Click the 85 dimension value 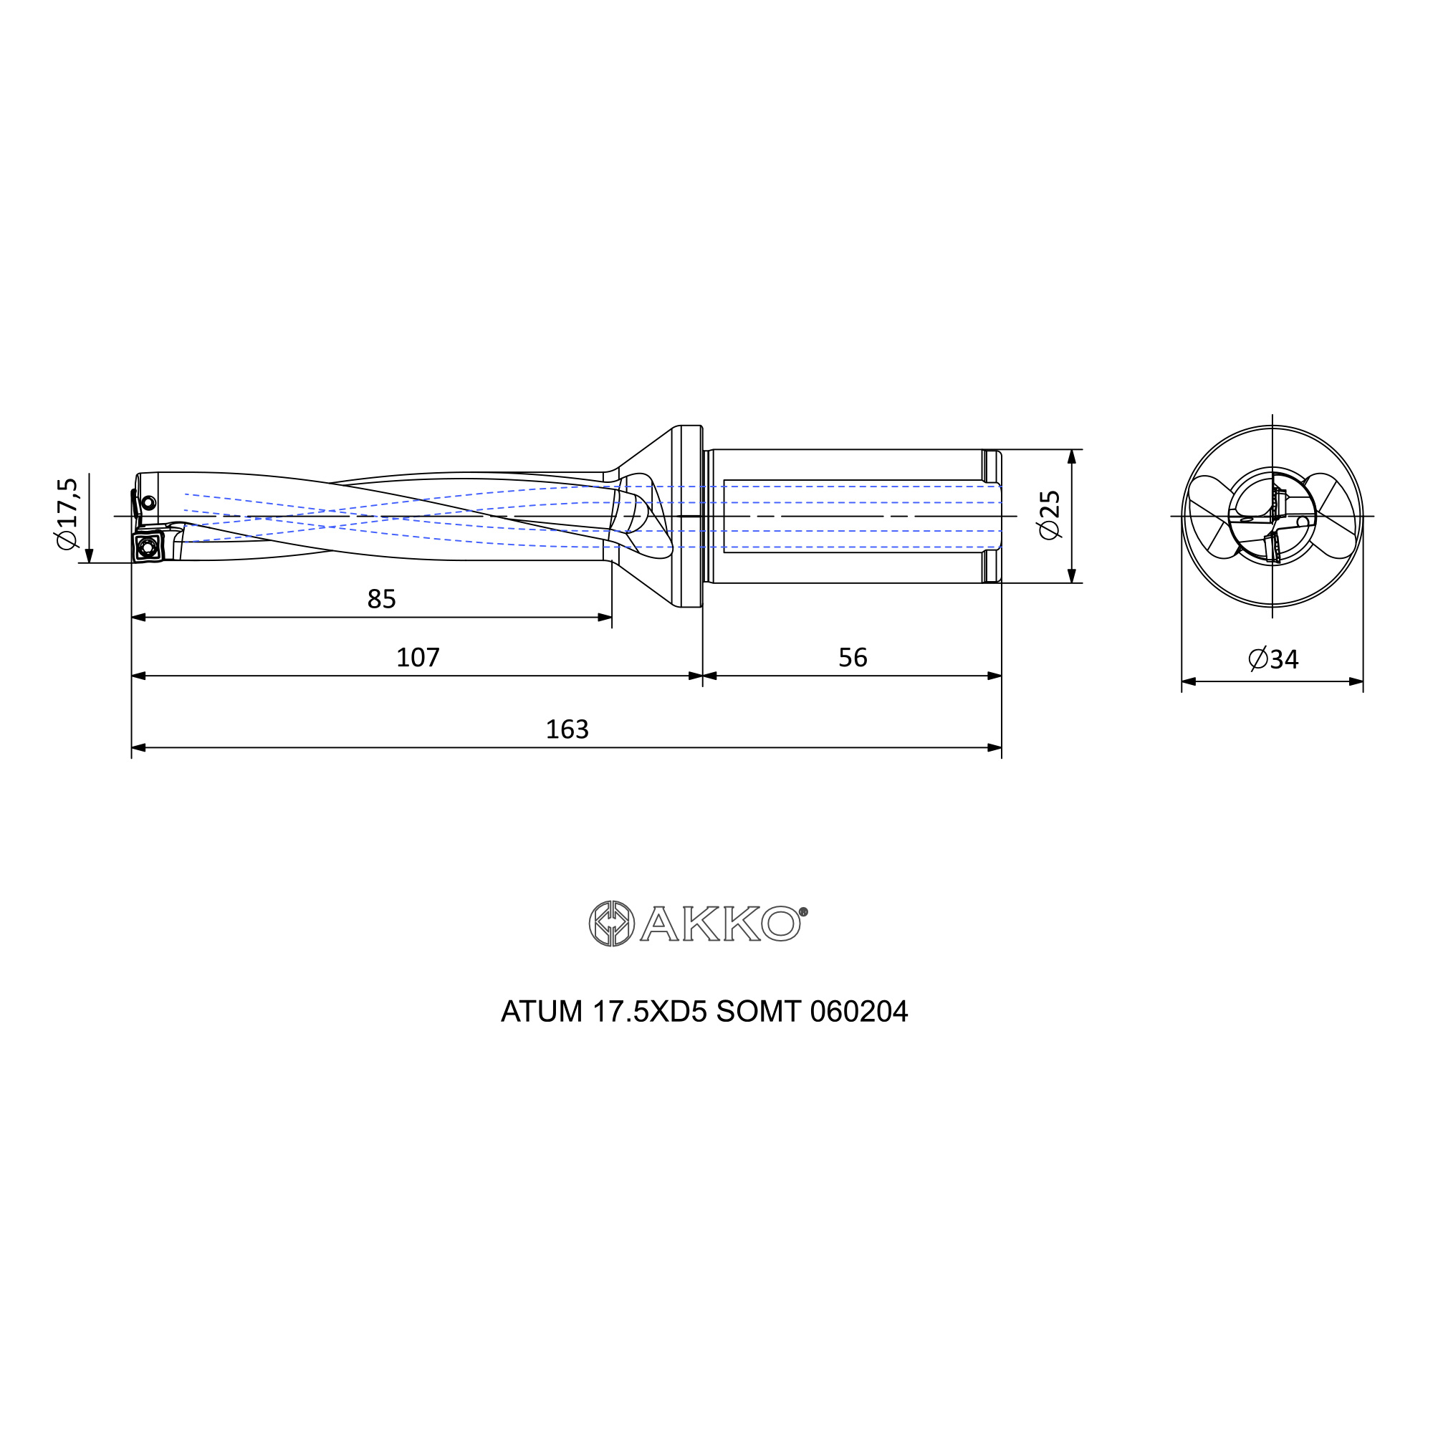381,599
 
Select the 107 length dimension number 418,657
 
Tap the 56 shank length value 852,657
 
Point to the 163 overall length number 567,730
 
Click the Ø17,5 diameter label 67,513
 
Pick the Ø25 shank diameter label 1050,514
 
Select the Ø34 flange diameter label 1273,658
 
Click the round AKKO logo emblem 611,924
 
